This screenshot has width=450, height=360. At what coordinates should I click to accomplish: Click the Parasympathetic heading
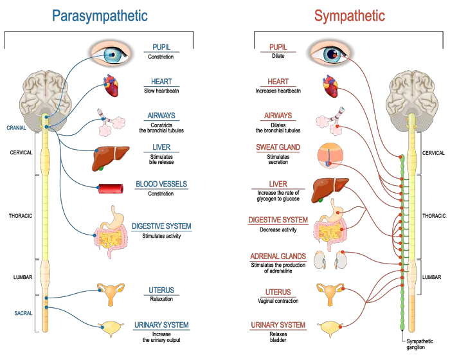click(x=99, y=17)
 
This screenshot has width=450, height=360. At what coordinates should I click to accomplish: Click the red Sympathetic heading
click(x=350, y=16)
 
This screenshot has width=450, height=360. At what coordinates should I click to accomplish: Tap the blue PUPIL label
click(x=161, y=48)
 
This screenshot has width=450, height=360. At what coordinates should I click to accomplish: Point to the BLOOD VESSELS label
click(x=161, y=184)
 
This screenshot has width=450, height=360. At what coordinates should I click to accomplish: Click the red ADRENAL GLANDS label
click(x=278, y=256)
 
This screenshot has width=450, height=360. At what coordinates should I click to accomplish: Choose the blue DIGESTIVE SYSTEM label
click(x=162, y=226)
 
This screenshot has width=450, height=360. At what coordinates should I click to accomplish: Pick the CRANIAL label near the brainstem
click(x=16, y=127)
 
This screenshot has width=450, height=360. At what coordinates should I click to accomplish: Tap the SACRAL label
click(x=23, y=313)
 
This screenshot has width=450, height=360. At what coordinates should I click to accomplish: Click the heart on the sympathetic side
click(x=331, y=86)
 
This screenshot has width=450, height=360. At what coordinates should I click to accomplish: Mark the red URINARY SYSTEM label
click(x=277, y=325)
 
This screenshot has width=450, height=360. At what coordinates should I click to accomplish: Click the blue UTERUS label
click(x=161, y=291)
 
